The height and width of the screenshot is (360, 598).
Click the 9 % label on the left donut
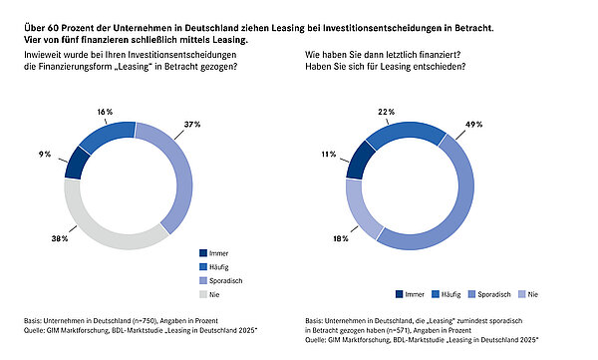[x=45, y=155]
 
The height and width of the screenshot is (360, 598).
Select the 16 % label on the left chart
[x=105, y=112]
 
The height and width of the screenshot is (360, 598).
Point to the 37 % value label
[x=192, y=125]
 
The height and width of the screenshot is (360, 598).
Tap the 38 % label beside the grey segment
[x=60, y=238]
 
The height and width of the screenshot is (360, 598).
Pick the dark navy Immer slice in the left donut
[x=78, y=163]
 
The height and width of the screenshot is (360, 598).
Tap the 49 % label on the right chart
[x=473, y=125]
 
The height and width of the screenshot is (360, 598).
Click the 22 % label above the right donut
[x=387, y=112]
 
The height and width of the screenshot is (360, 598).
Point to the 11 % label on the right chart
[x=328, y=155]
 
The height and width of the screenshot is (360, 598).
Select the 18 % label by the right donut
[x=341, y=238]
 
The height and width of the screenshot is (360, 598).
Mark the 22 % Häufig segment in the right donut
[x=405, y=132]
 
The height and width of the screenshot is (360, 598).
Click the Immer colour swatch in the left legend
[x=203, y=253]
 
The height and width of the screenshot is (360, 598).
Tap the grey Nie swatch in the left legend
[x=203, y=294]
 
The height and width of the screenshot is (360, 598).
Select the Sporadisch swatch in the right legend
[x=471, y=294]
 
